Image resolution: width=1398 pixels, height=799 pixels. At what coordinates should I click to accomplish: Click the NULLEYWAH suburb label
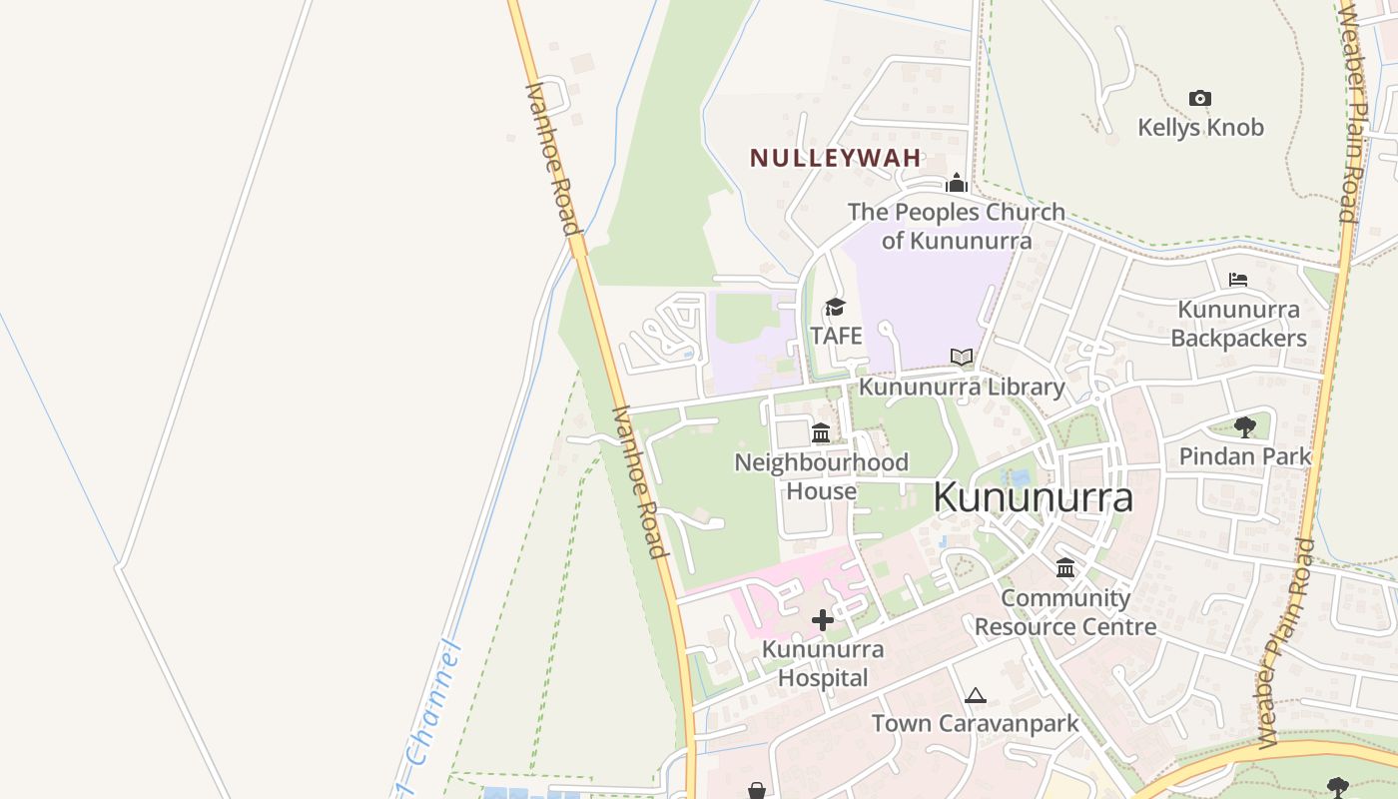pos(836,159)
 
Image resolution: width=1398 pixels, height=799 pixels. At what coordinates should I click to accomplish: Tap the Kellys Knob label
pos(1200,128)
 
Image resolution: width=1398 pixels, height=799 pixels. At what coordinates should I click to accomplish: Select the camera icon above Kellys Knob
pos(1200,98)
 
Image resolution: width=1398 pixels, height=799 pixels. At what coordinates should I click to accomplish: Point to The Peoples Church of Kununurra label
pos(956,227)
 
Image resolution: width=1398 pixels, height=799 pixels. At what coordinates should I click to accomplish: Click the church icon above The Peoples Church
pos(957,183)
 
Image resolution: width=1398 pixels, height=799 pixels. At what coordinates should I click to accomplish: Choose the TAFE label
pos(836,336)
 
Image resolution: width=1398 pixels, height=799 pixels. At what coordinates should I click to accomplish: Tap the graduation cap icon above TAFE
pos(835,307)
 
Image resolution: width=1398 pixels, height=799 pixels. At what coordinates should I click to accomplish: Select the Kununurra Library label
pos(962,387)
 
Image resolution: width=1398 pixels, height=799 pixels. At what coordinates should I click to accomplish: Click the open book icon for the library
pos(962,357)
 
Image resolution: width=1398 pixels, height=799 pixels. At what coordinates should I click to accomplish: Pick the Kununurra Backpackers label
pos(1238,324)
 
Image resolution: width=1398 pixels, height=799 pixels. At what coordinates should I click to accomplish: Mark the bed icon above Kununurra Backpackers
pos(1238,280)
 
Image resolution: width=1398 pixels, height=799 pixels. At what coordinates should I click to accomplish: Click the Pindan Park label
pos(1244,456)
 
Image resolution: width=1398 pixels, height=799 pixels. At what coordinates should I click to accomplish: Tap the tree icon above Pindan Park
pos(1244,427)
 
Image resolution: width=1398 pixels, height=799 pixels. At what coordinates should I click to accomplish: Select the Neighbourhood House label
pos(821,476)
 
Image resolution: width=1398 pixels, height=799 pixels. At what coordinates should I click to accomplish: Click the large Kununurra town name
pos(1034,498)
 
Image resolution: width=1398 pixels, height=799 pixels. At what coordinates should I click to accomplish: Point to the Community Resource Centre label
pos(1065,612)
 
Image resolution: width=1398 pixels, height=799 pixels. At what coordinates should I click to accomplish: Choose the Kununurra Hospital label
pos(822,663)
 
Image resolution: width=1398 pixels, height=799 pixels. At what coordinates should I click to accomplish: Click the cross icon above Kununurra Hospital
pos(823,620)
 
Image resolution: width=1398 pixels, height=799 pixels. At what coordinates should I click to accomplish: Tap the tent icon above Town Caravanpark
pos(976,695)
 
